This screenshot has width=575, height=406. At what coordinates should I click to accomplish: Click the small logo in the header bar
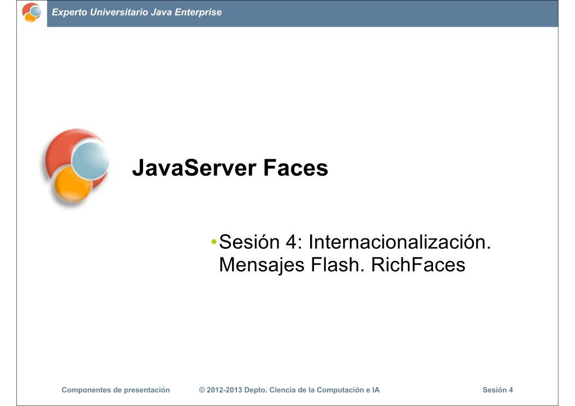coord(31,12)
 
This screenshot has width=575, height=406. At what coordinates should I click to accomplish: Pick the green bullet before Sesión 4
coord(214,242)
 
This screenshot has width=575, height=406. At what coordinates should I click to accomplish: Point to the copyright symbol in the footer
coord(202,390)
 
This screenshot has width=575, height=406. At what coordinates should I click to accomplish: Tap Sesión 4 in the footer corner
coord(497,390)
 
